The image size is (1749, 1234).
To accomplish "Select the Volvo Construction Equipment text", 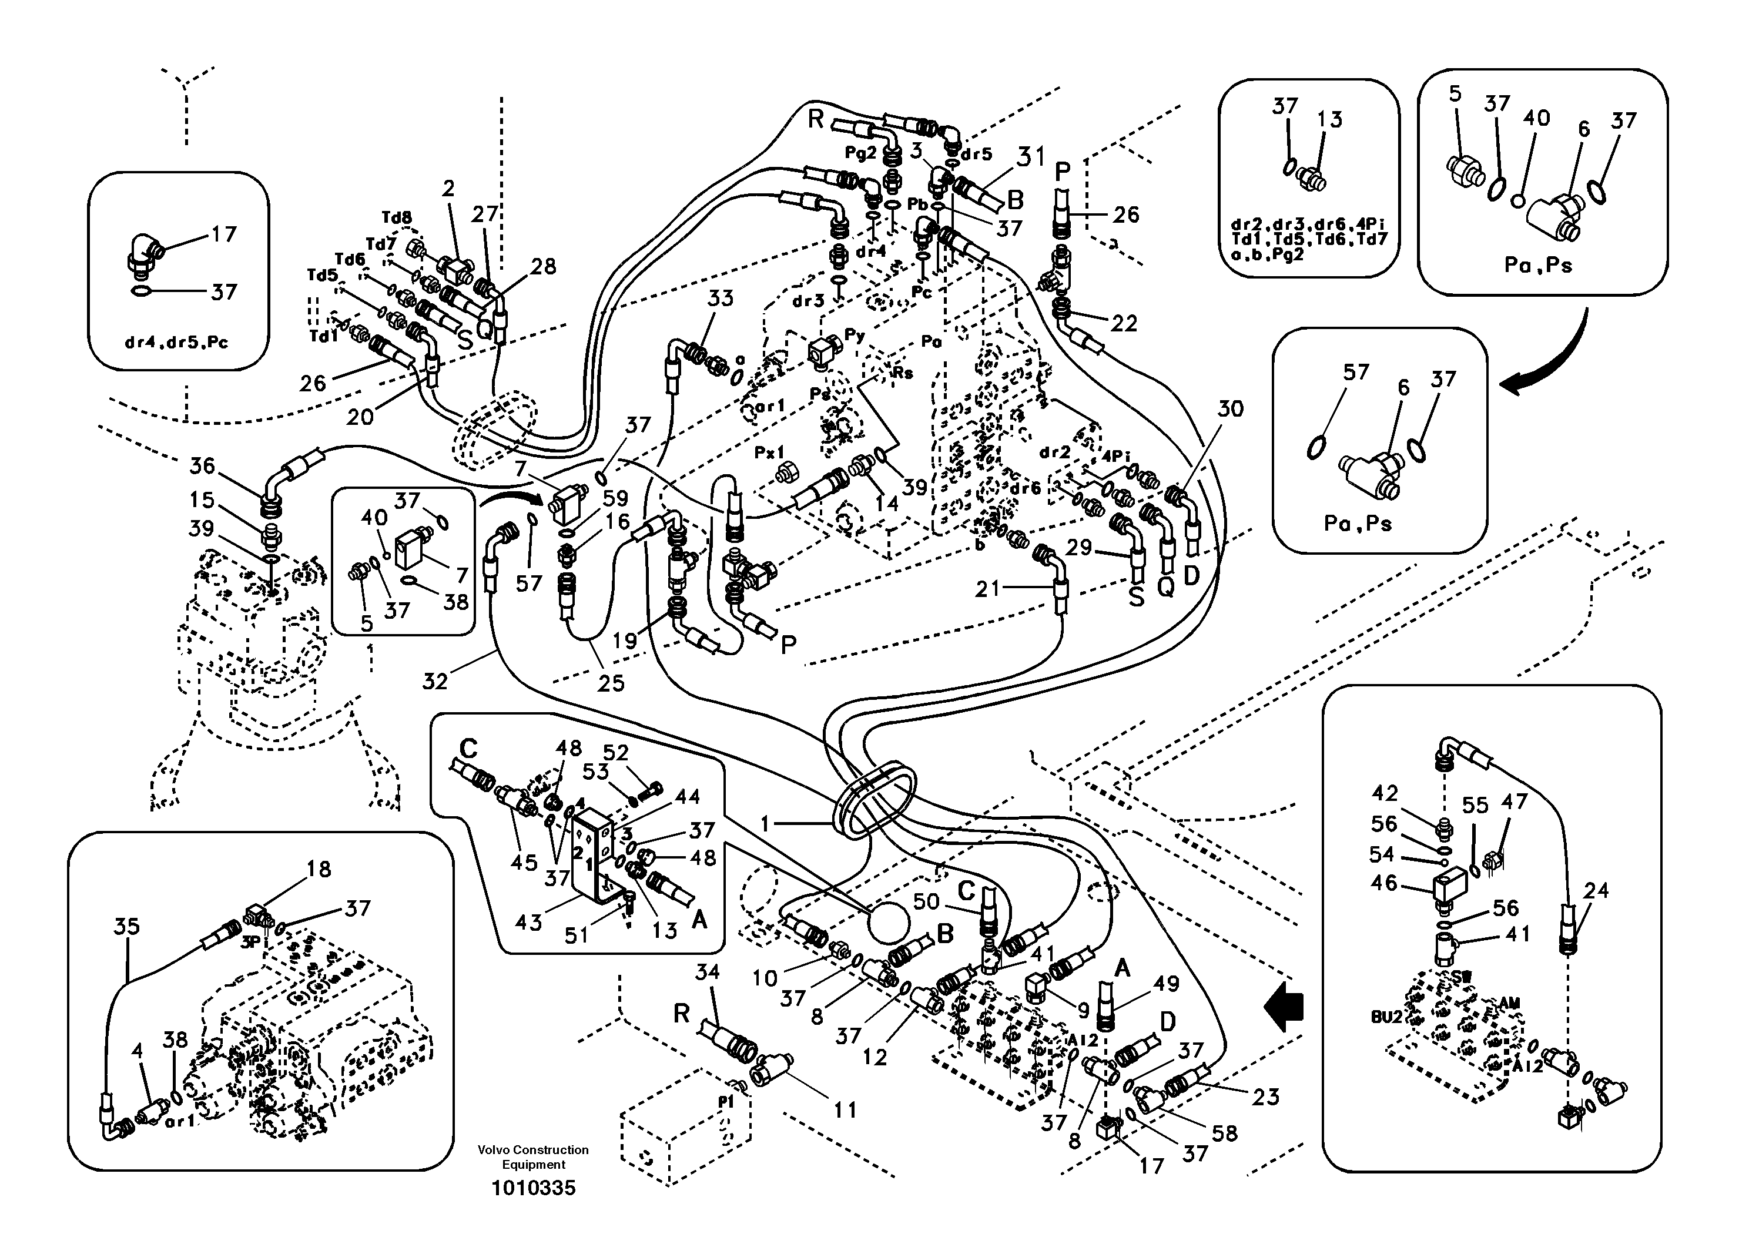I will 533,1157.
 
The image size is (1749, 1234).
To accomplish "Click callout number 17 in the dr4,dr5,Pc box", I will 223,234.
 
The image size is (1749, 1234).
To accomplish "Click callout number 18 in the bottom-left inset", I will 319,869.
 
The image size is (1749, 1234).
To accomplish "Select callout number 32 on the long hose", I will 435,681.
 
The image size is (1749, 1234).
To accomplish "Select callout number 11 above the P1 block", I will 845,1111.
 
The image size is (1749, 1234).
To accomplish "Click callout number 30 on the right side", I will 1230,409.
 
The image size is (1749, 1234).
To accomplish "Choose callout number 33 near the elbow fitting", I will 720,298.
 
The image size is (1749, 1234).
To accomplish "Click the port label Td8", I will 397,219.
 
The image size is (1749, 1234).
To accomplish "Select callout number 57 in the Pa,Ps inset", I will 1356,372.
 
